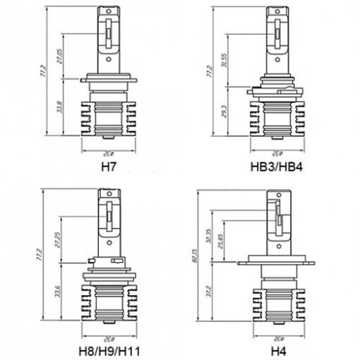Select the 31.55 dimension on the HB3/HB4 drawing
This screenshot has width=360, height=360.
(227, 60)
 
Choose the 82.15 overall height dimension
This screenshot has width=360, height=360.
(205, 253)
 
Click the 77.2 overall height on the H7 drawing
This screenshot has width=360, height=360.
(44, 71)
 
